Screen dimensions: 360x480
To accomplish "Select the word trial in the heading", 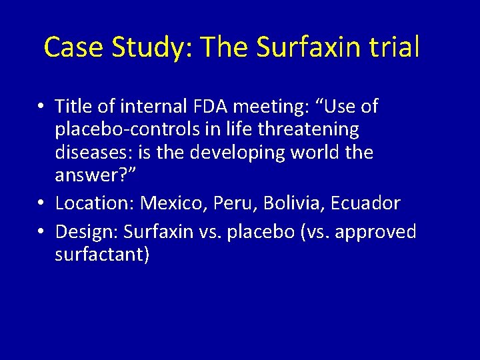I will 399,47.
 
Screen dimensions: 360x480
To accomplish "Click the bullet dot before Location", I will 41,203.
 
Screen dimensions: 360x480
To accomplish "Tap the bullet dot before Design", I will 41,232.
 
